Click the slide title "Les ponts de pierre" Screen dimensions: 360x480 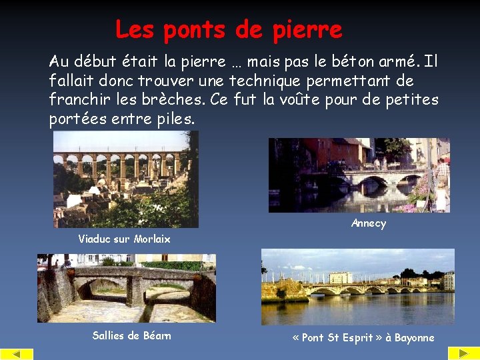(x=228, y=29)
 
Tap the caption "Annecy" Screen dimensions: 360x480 (x=368, y=224)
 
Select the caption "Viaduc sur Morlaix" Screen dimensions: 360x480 (x=124, y=239)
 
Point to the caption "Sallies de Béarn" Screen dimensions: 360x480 (x=131, y=336)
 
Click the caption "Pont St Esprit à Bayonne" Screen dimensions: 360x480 (x=363, y=338)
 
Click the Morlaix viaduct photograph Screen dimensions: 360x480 (x=125, y=179)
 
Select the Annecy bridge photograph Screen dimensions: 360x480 (x=359, y=175)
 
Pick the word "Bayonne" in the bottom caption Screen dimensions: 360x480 (x=414, y=338)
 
